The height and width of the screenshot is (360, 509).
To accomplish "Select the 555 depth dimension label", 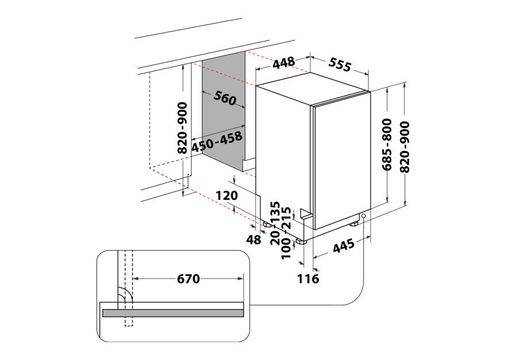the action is tap(339, 64).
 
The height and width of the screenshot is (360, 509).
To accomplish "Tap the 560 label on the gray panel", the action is tap(225, 98).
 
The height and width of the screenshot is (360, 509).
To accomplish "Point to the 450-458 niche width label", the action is tap(217, 142).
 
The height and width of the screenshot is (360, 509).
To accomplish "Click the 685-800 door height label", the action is tap(387, 144).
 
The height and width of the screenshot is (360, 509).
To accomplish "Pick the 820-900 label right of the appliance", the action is tap(405, 147).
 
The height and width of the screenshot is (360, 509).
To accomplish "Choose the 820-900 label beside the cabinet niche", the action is tap(182, 128).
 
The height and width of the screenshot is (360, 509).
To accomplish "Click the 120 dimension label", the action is tap(227, 196).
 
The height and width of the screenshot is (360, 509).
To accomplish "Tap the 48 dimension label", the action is tap(253, 240).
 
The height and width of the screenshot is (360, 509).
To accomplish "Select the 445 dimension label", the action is tap(344, 246).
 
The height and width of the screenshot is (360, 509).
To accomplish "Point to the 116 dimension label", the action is tap(308, 278).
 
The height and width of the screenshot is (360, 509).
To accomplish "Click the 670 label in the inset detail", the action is tap(189, 278).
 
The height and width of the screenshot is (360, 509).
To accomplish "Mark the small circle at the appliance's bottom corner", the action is tap(363, 216).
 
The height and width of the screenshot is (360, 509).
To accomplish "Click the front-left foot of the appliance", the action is tap(301, 241).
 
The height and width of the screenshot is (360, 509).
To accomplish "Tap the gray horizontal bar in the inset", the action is tap(173, 313).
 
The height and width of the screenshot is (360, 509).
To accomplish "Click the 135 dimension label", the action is tap(275, 212).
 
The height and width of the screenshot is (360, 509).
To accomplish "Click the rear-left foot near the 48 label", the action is tap(268, 224).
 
